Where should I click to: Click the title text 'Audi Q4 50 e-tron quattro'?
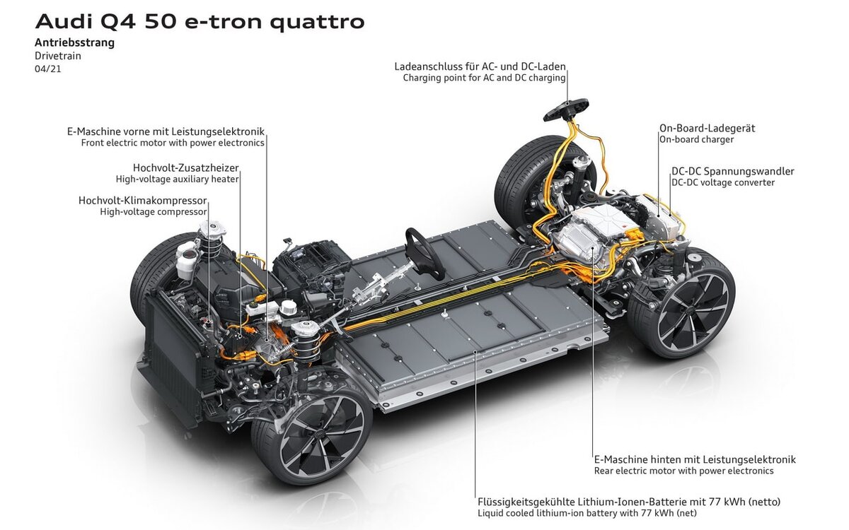click(x=200, y=22)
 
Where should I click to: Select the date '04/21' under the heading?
click(x=48, y=69)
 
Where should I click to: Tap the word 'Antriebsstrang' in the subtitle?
click(x=75, y=42)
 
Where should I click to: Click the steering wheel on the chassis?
click(x=424, y=253)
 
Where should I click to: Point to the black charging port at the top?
click(x=566, y=110)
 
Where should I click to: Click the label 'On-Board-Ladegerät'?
click(x=707, y=129)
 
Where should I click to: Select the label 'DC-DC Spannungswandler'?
click(x=733, y=171)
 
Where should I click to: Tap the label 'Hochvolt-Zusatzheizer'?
click(x=185, y=167)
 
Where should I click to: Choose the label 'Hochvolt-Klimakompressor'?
click(x=142, y=200)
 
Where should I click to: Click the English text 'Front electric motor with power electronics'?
click(x=173, y=143)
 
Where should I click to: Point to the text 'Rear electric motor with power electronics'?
click(x=683, y=471)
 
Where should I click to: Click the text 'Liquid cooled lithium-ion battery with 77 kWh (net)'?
click(x=587, y=513)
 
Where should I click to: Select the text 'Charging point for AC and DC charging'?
click(x=484, y=78)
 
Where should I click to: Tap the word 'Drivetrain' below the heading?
click(x=58, y=56)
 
